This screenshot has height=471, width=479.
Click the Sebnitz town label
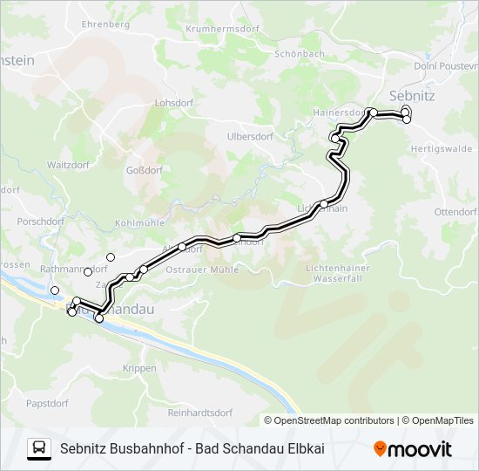412,93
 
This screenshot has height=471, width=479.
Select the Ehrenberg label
105,24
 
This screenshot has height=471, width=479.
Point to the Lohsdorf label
172,102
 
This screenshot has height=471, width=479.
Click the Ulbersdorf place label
250,136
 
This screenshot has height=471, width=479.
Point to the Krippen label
139,368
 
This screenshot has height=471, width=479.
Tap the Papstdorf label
47,403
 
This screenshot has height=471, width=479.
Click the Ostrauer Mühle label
202,270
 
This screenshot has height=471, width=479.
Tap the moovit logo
413,449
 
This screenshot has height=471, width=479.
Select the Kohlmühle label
139,223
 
